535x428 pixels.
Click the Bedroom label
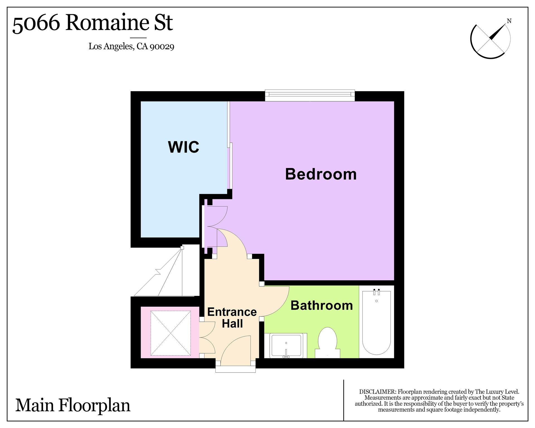coord(321,174)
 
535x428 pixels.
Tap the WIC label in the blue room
coord(184,147)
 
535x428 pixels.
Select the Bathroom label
coord(322,305)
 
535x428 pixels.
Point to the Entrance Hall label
coord(232,318)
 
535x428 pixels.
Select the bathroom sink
coord(286,346)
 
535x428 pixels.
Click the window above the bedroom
coord(310,95)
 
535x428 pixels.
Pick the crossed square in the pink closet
coord(171,333)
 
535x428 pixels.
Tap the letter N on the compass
coord(509,21)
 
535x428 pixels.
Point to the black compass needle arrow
coord(497,32)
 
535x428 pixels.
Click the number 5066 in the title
coord(36,23)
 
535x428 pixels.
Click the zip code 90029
coord(162,46)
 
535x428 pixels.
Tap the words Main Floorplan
coord(73,405)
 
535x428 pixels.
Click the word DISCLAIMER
coord(377,392)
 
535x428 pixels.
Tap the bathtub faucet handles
coord(376,292)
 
